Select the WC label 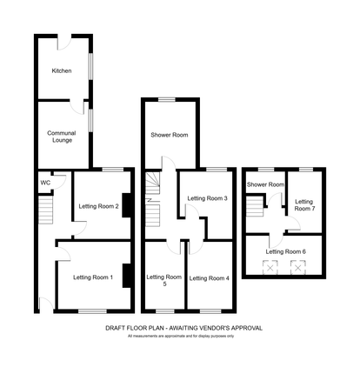pyautogui.click(x=44, y=183)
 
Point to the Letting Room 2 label pyautogui.click(x=98, y=206)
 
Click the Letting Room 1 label pyautogui.click(x=92, y=277)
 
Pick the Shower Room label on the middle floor pyautogui.click(x=169, y=135)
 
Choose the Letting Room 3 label pyautogui.click(x=208, y=198)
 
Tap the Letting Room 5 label pyautogui.click(x=163, y=280)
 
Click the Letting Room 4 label pyautogui.click(x=209, y=278)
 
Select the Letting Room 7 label pyautogui.click(x=303, y=205)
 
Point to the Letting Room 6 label pyautogui.click(x=285, y=251)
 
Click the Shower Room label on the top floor pyautogui.click(x=265, y=184)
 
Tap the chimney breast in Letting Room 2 pyautogui.click(x=127, y=205)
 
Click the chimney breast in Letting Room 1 pyautogui.click(x=127, y=275)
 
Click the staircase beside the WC pyautogui.click(x=46, y=209)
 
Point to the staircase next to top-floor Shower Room pyautogui.click(x=256, y=210)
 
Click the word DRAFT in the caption pyautogui.click(x=117, y=328)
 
